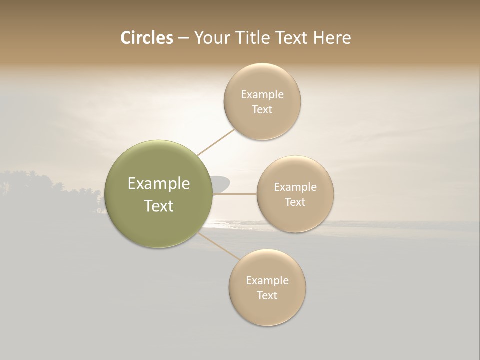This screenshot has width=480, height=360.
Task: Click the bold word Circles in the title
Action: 146,38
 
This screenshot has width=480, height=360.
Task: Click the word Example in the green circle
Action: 159,184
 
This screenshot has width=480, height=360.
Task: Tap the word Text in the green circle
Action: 159,206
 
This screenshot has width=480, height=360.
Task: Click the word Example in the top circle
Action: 262,94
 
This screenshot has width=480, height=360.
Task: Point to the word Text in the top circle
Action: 262,109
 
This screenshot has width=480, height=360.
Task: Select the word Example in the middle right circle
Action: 295,187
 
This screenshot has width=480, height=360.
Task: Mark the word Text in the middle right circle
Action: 295,202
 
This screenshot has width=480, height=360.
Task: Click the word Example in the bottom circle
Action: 267,280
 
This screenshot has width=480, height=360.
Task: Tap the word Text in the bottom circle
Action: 267,295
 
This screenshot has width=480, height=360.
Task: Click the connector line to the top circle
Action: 216,142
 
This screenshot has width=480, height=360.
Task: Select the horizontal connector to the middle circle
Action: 235,194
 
